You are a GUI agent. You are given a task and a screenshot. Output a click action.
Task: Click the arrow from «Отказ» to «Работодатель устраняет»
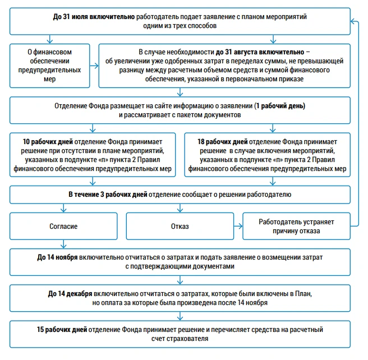pyautogui.click(x=238, y=226)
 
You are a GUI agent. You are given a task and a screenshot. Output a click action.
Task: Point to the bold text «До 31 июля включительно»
pyautogui.click(x=94, y=17)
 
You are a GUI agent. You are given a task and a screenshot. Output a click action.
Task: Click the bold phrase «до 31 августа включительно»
pyautogui.click(x=260, y=52)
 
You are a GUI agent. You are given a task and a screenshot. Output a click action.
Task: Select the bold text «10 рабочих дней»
pyautogui.click(x=48, y=142)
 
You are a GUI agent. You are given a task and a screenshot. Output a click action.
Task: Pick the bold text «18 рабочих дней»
pyautogui.click(x=223, y=142)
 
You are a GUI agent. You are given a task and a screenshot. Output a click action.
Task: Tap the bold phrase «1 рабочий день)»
pyautogui.click(x=280, y=106)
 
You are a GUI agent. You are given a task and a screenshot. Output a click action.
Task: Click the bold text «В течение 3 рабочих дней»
pyautogui.click(x=108, y=195)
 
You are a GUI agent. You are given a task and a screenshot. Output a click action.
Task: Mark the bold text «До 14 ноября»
pyautogui.click(x=57, y=257)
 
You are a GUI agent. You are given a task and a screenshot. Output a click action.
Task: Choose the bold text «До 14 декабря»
pyautogui.click(x=70, y=294)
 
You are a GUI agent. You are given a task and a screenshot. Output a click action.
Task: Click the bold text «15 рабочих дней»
pyautogui.click(x=62, y=330)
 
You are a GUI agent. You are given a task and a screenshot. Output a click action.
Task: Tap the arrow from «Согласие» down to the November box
pyautogui.click(x=63, y=244)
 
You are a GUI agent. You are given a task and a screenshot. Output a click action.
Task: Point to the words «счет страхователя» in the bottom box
pyautogui.click(x=180, y=339)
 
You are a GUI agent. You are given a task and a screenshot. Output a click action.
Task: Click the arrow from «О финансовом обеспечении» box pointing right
pyautogui.click(x=94, y=66)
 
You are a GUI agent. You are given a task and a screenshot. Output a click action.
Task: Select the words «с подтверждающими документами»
pyautogui.click(x=180, y=266)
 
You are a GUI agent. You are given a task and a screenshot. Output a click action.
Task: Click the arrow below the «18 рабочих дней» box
pyautogui.click(x=273, y=181)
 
